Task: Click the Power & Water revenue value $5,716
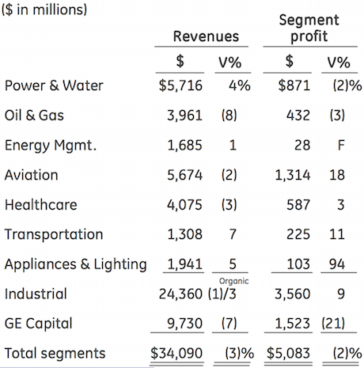180,85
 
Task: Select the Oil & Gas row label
34,116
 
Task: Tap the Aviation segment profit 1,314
293,175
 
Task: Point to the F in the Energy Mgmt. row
341,145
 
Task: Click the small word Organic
233,282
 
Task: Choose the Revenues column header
206,36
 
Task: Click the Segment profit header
309,28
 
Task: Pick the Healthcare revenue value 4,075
184,205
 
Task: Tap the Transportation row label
54,234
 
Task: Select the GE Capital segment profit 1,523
293,324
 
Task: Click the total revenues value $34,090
176,353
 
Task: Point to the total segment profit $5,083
288,353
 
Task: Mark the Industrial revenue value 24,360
180,294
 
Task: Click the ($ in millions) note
44,9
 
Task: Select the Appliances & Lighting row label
76,264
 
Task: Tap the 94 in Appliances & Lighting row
337,264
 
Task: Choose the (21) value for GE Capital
333,324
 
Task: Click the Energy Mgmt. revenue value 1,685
184,145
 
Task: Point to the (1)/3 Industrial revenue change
222,294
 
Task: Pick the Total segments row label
55,353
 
